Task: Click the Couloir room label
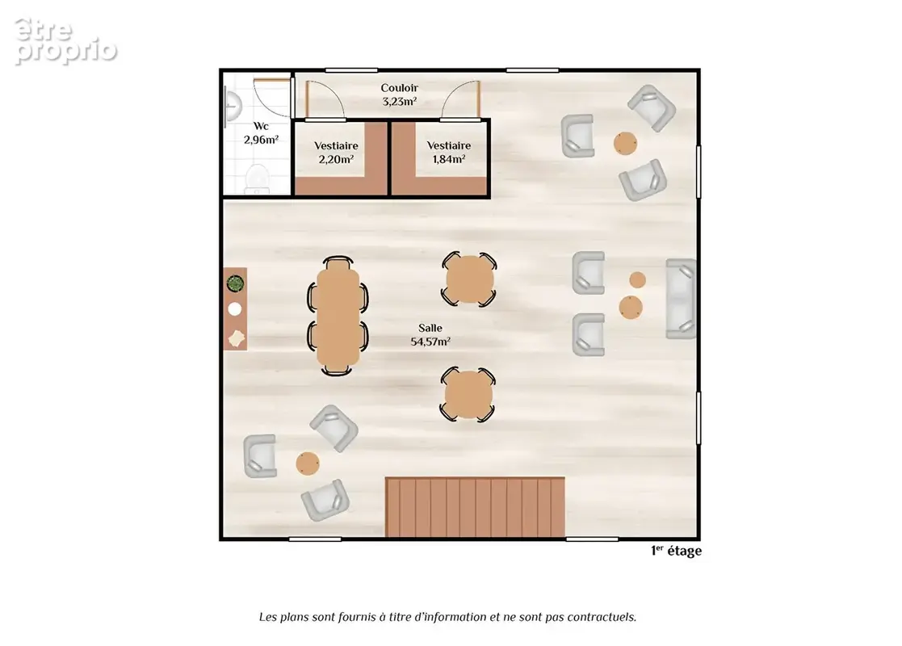pos(399,88)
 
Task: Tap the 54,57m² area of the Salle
pos(430,342)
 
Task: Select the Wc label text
pos(261,126)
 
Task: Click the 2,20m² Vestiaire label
pos(336,159)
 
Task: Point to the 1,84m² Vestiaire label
pos(449,159)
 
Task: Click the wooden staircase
pos(475,507)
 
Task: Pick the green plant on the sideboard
pos(235,283)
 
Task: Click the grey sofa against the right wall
pos(681,299)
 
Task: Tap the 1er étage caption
pos(676,551)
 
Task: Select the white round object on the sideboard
pos(235,309)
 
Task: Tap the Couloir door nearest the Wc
pos(325,99)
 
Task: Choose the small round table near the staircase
pos(308,463)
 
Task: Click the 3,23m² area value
pos(399,102)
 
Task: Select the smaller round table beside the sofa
pos(637,280)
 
